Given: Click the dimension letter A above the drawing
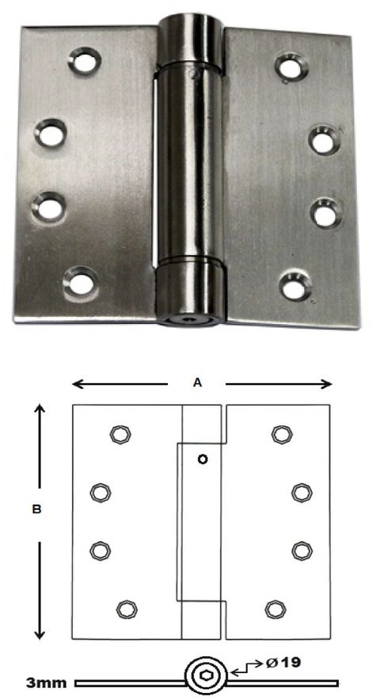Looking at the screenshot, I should (199, 382).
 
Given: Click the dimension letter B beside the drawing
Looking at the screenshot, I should (36, 511).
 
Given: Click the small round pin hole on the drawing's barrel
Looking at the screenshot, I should (202, 459).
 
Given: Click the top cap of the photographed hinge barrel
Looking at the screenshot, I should (191, 39).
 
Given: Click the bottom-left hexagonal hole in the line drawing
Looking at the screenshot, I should (125, 608).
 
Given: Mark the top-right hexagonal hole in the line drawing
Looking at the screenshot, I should (280, 433).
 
